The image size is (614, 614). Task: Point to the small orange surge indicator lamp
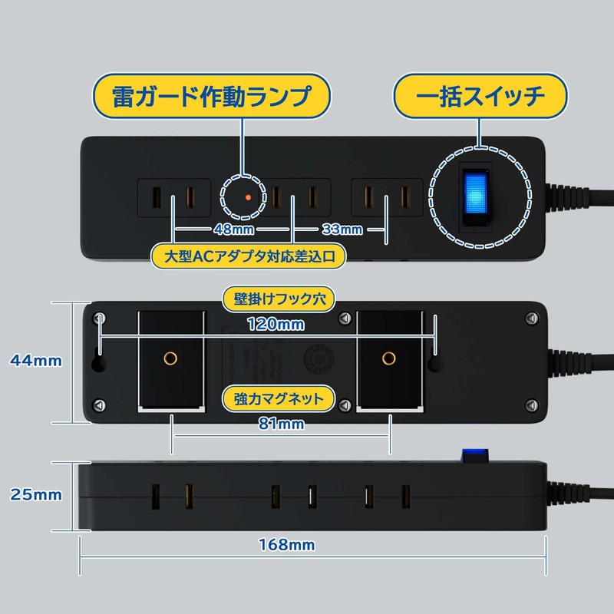pos(248,198)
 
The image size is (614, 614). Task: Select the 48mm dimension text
pos(234,229)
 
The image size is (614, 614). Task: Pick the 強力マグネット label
pos(279,398)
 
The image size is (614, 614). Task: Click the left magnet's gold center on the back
pos(170,357)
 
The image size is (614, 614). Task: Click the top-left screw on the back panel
pos(99,317)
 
